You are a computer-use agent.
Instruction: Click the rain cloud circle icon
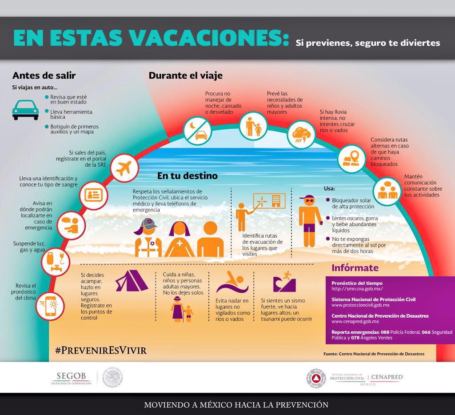[301, 133]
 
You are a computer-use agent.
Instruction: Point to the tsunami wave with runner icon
[283, 281]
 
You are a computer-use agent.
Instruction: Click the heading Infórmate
[355, 268]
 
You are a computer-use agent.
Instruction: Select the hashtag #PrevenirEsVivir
[100, 350]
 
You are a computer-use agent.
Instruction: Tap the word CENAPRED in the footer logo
[387, 377]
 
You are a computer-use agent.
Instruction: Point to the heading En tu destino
[187, 176]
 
